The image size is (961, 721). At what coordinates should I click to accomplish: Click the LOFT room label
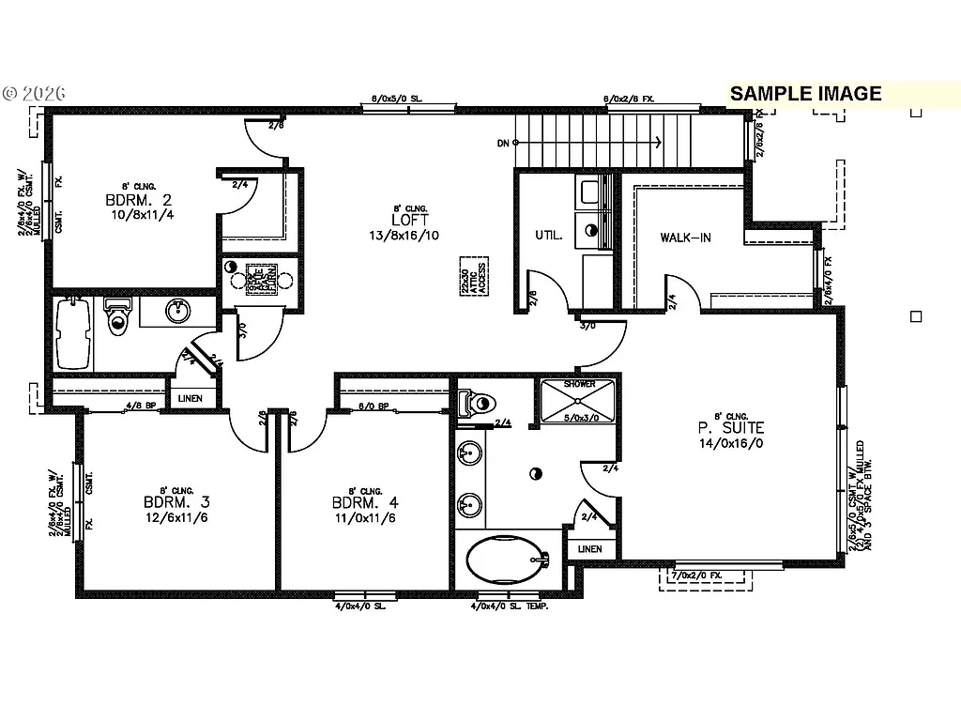point(404,220)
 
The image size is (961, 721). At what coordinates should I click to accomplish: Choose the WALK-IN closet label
point(685,238)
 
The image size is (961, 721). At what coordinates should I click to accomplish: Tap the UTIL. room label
point(548,235)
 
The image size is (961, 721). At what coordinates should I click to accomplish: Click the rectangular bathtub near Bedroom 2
point(73,333)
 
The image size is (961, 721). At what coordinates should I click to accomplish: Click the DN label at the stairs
point(504,144)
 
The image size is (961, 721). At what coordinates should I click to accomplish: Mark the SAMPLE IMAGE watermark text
point(805,93)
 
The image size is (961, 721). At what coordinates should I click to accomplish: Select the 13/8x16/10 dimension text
point(404,236)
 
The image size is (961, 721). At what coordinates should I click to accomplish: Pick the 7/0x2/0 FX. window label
point(696,575)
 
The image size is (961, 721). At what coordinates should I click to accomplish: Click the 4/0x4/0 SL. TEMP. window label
point(510,606)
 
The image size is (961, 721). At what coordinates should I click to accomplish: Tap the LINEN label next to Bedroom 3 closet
point(190,399)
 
